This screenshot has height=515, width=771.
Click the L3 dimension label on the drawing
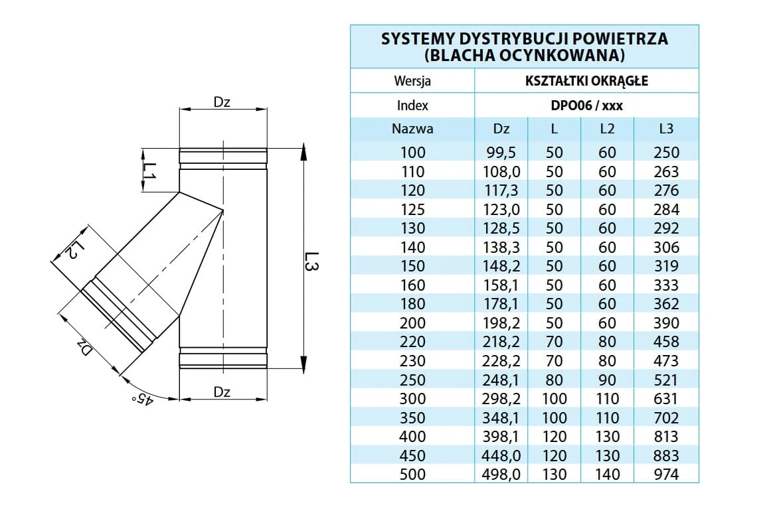point(311,261)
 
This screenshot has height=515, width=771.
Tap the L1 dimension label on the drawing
point(149,171)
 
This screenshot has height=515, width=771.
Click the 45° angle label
point(142,399)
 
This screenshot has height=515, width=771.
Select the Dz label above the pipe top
point(222,102)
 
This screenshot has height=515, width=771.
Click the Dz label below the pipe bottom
point(222,392)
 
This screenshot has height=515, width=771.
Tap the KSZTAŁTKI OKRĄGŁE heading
point(586,80)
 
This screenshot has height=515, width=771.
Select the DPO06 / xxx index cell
point(586,105)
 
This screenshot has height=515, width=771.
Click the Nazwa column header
point(412,129)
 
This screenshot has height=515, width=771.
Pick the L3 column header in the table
point(666,129)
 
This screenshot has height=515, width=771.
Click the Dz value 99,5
point(501,153)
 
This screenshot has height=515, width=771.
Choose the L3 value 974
point(666,475)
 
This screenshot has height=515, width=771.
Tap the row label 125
point(412,209)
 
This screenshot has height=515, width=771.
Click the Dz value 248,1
point(501,380)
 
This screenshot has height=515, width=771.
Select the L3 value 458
point(666,342)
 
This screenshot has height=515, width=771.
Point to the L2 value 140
point(607,475)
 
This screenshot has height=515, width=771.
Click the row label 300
point(412,399)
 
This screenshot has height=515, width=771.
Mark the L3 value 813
point(666,437)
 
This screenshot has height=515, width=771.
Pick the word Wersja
point(412,80)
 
